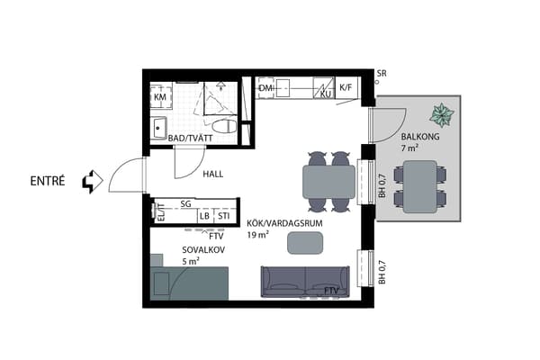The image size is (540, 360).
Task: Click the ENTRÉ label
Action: pos(48,181)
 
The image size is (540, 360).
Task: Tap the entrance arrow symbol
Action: pos(93,181)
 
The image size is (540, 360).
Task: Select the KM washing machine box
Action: pos(161,96)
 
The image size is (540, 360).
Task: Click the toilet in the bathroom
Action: pos(224,126)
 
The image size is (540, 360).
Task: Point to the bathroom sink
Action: pos(158,128)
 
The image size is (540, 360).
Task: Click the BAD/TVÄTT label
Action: pos(190,139)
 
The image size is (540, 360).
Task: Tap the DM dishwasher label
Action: pos(265,88)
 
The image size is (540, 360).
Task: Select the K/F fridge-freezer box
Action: pos(346,87)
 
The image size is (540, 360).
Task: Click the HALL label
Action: pos(212,175)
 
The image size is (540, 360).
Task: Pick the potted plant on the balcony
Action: pos(442,114)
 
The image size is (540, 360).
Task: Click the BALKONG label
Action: pos(420,137)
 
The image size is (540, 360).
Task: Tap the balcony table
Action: pos(420,186)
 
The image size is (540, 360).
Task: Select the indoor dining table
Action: pos(328,182)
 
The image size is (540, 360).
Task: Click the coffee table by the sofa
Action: pos(305,243)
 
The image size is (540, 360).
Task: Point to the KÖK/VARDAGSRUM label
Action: pos(284,223)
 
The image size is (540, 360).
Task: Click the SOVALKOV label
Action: pos(203,250)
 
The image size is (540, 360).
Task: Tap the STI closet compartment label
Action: pos(223,216)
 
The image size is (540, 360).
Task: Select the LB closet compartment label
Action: pos(204,216)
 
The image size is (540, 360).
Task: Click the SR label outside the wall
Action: pos(382,74)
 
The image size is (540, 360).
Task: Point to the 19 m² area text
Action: pos(258,235)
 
